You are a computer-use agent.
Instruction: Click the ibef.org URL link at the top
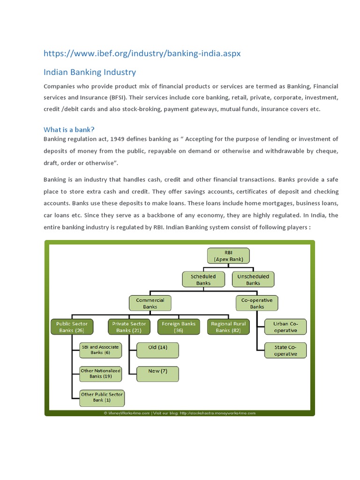coord(142,53)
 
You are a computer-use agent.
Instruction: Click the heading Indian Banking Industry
coord(90,72)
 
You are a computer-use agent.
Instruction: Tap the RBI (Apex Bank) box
coord(228,255)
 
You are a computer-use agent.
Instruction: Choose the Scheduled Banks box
coord(203,280)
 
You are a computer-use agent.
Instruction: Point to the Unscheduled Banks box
coord(253,280)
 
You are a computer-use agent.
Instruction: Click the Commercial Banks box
coord(150,303)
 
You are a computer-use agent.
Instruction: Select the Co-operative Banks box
coord(257,303)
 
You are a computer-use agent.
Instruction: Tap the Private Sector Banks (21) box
coord(129,327)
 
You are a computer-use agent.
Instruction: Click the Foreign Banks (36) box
coord(179,327)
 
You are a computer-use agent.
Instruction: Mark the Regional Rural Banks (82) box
coord(228,327)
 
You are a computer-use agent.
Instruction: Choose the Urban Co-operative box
coord(285,327)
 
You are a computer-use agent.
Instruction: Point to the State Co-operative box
coord(285,351)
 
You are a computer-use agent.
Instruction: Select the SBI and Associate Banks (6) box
coord(100,350)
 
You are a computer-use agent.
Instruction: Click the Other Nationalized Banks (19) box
coord(100,373)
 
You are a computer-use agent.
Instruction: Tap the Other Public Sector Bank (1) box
coord(102,397)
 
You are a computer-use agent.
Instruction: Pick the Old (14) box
coord(157,347)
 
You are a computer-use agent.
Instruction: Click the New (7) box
coord(157,371)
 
